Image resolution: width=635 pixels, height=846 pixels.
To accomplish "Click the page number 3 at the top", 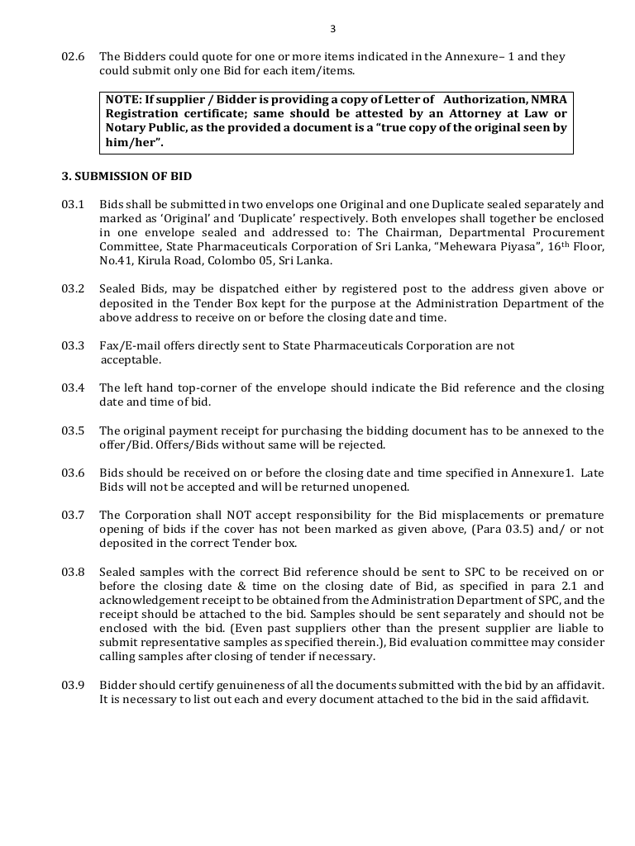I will click(x=332, y=29).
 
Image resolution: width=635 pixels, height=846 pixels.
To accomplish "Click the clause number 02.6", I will click(x=74, y=57).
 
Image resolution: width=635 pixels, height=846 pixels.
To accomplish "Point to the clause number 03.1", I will click(x=74, y=204).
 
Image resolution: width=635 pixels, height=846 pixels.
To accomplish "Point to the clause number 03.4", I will click(x=74, y=388).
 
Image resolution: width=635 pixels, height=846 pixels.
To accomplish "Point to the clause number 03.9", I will click(x=74, y=686).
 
